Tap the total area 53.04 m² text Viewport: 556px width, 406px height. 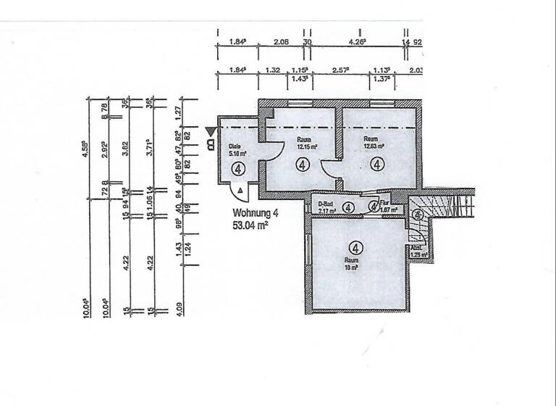254,225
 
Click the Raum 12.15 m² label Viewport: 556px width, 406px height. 303,142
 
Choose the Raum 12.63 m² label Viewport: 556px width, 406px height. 374,142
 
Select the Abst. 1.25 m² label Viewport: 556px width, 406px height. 418,250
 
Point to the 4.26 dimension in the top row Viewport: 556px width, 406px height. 357,42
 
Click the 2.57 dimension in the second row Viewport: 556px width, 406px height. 341,70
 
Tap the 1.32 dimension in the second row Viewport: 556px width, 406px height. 273,70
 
